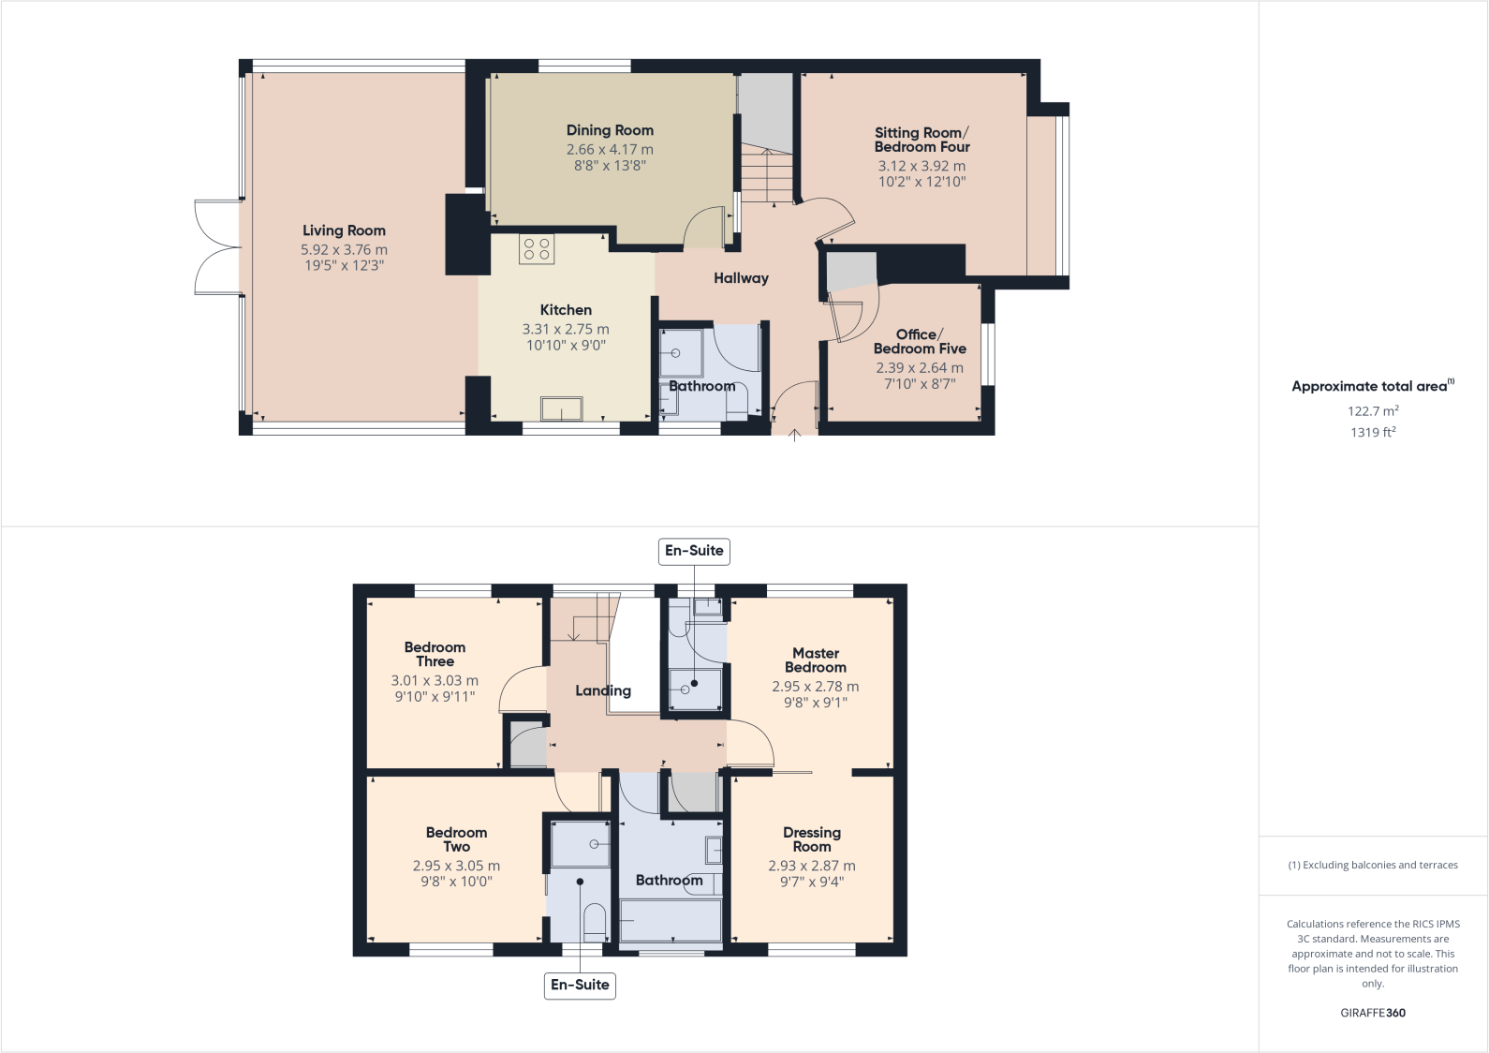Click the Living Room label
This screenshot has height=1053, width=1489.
pyautogui.click(x=344, y=230)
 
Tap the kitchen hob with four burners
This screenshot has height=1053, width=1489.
pyautogui.click(x=537, y=249)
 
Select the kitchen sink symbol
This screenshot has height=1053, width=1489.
pyautogui.click(x=561, y=409)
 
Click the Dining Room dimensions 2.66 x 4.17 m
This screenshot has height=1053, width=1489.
pyautogui.click(x=610, y=150)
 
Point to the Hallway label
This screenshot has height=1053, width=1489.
pyautogui.click(x=741, y=278)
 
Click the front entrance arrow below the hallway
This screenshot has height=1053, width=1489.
pyautogui.click(x=795, y=435)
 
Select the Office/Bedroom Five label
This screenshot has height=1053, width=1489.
pyautogui.click(x=920, y=341)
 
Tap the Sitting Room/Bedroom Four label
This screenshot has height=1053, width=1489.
pyautogui.click(x=921, y=140)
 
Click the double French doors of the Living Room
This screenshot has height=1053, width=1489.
pyautogui.click(x=217, y=248)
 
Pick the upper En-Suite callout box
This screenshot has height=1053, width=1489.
pyautogui.click(x=694, y=551)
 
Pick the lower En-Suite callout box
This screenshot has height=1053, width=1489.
pyautogui.click(x=580, y=985)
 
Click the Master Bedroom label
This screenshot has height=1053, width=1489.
pyautogui.click(x=816, y=660)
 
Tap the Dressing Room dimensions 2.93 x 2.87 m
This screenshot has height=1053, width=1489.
pyautogui.click(x=812, y=867)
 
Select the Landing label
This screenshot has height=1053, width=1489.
pyautogui.click(x=603, y=690)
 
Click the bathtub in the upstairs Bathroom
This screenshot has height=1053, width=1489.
pyautogui.click(x=671, y=920)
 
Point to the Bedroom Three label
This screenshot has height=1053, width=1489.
pyautogui.click(x=435, y=654)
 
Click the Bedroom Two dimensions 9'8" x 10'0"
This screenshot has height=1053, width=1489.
pyautogui.click(x=456, y=882)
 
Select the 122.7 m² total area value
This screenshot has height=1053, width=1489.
pyautogui.click(x=1373, y=411)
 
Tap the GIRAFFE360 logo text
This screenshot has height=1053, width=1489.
pyautogui.click(x=1373, y=1013)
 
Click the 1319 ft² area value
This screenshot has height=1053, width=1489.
pyautogui.click(x=1373, y=433)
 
